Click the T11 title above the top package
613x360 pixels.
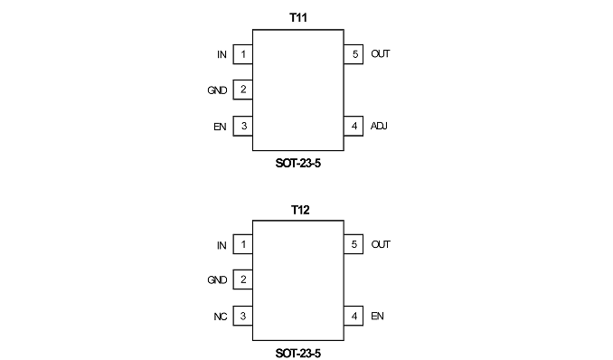point(297,17)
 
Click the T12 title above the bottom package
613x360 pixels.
point(300,210)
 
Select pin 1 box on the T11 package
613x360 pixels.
point(243,54)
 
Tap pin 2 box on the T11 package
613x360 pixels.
point(243,90)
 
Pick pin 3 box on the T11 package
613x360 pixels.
point(243,126)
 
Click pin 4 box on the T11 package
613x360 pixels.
point(354,126)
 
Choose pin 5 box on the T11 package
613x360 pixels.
point(354,54)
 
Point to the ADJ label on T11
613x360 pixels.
point(379,126)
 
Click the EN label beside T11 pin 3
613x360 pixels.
point(220,127)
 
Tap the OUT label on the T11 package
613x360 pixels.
point(381,54)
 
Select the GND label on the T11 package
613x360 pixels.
point(217,90)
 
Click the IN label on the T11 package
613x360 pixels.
point(222,55)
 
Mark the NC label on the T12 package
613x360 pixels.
point(220,317)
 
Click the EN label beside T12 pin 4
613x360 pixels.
point(377,317)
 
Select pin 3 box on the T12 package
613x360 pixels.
point(243,316)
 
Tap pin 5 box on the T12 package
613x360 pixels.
point(354,244)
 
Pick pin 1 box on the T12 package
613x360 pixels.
point(243,244)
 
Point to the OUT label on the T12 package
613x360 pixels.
point(381,244)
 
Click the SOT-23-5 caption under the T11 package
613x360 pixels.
point(297,163)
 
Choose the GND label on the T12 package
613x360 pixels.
point(217,280)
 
